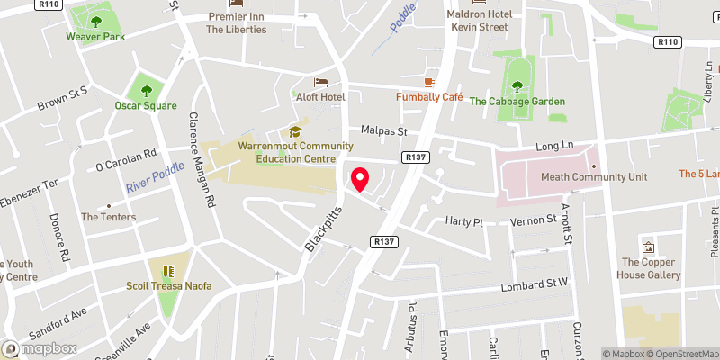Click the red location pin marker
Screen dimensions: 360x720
point(360,179)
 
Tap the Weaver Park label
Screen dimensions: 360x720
point(94,37)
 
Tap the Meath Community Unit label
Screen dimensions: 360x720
point(593,177)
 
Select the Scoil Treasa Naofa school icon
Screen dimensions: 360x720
point(166,271)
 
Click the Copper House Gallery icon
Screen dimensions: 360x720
point(647,247)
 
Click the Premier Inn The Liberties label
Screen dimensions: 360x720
point(237,22)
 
